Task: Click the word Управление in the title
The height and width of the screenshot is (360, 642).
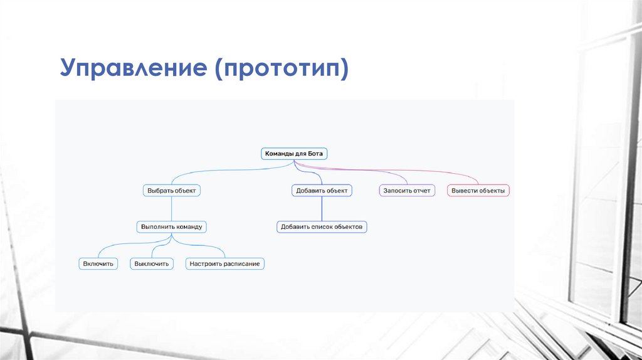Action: point(133,68)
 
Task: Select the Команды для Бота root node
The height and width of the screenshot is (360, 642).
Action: point(294,154)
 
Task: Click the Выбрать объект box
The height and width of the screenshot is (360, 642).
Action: point(171,190)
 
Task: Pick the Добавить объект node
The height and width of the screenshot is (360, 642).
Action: point(322,190)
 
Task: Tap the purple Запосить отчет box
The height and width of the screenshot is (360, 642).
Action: point(408,190)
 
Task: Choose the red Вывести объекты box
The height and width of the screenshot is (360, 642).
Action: point(478,190)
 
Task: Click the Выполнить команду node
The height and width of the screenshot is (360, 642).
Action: point(171,226)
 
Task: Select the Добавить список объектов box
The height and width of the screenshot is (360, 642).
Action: point(322,226)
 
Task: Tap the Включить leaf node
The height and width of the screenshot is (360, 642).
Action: point(98,264)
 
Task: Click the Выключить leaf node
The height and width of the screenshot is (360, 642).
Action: point(152,264)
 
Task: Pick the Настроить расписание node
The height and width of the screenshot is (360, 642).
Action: point(225,264)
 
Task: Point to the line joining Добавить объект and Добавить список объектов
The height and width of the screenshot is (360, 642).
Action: point(322,208)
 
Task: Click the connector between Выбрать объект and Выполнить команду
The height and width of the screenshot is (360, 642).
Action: point(171,208)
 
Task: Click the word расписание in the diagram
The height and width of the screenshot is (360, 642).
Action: point(241,264)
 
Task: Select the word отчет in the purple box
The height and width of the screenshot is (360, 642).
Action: point(421,190)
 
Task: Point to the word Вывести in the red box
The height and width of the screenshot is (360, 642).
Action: point(464,190)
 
